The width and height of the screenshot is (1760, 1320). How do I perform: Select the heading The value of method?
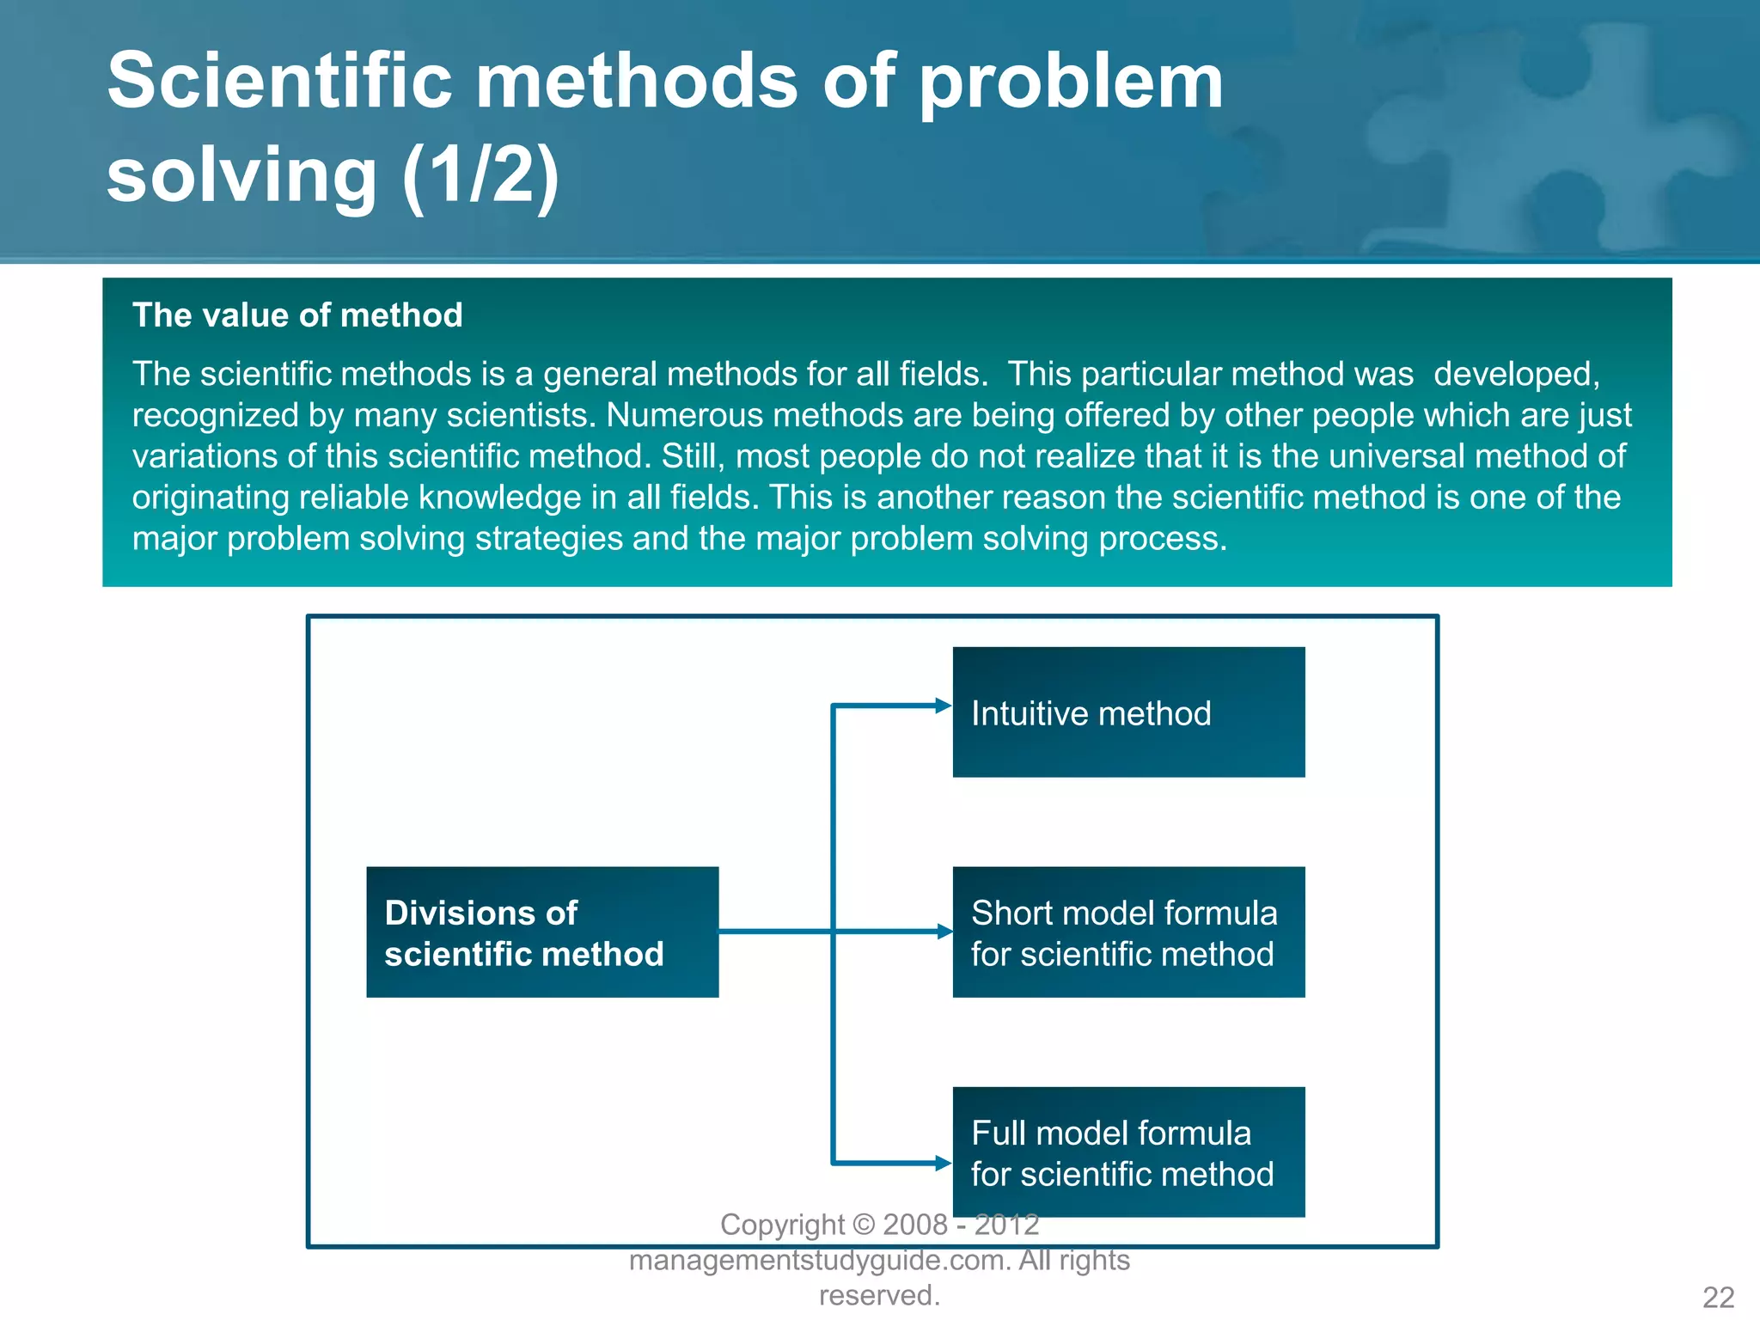(x=297, y=315)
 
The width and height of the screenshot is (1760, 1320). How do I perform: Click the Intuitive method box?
(x=1128, y=712)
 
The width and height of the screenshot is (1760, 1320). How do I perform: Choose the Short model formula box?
(x=1128, y=932)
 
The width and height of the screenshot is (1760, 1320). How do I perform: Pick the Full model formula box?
(x=1128, y=1152)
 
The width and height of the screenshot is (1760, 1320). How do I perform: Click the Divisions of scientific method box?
(x=542, y=932)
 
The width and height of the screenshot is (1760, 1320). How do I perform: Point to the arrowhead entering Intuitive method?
(x=944, y=706)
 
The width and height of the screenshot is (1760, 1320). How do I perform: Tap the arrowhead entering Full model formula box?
(x=944, y=1164)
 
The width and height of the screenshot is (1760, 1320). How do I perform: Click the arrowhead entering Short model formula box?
(x=944, y=932)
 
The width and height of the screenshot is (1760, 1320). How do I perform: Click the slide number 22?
(x=1718, y=1297)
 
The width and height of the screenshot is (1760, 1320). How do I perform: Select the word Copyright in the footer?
(x=782, y=1225)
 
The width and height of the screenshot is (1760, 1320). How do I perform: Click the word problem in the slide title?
(x=1070, y=82)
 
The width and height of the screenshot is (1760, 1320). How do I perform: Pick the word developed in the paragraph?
(x=1514, y=375)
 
